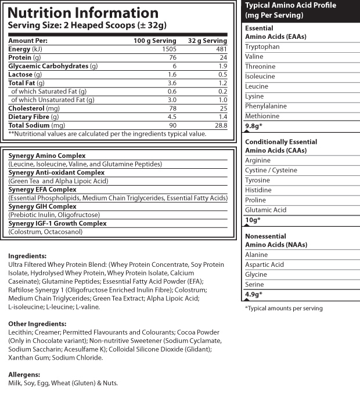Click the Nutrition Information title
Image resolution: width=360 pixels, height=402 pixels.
pos(82,13)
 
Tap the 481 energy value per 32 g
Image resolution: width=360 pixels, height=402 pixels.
pos(219,49)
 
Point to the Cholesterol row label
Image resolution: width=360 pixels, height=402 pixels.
pos(27,108)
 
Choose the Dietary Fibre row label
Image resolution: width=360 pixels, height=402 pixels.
pos(29,117)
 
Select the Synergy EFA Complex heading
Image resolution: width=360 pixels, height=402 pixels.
pos(43,189)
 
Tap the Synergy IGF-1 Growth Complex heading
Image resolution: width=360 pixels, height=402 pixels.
pos(57,223)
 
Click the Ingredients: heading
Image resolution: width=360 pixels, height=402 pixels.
pos(27,256)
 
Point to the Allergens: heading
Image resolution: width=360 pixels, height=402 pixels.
pos(24,375)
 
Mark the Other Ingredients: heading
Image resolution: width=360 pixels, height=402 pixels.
pos(37,324)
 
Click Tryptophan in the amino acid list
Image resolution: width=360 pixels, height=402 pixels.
pos(262,46)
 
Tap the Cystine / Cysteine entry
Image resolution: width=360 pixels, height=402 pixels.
pos(271,170)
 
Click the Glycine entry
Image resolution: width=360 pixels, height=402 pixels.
pos(256,274)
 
